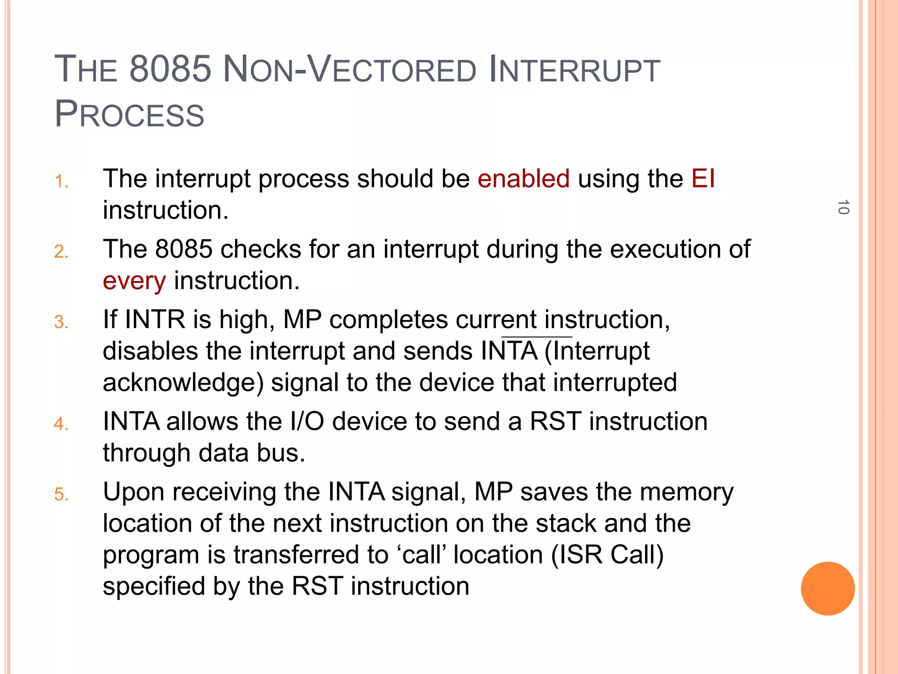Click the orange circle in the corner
[x=827, y=588]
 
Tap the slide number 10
[x=843, y=207]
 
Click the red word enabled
[x=524, y=179]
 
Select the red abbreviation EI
[x=703, y=179]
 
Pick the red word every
[x=134, y=281]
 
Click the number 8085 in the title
[x=171, y=69]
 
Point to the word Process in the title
[x=129, y=114]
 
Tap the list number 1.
[x=61, y=181]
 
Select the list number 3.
[x=61, y=322]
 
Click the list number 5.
[x=61, y=495]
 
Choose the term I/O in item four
[x=307, y=421]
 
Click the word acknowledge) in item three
[x=183, y=382]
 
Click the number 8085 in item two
[x=184, y=249]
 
